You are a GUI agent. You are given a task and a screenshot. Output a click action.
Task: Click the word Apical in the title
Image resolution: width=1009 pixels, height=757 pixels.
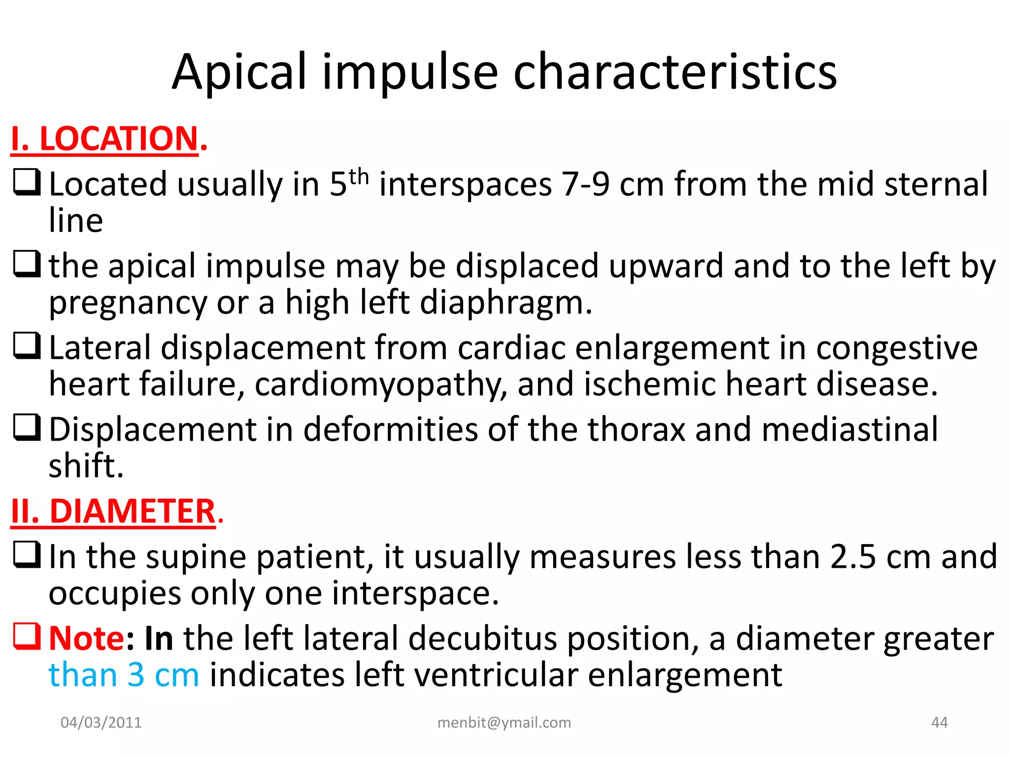pos(239,72)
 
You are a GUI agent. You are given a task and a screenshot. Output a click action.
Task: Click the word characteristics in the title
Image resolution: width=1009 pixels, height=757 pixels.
pos(675,72)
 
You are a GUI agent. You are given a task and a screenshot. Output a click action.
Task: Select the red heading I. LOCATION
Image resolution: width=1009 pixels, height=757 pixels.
pos(108,139)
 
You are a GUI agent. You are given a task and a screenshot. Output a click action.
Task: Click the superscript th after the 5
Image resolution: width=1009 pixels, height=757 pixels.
pos(359,176)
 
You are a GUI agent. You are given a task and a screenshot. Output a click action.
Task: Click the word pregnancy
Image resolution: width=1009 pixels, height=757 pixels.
pos(128,303)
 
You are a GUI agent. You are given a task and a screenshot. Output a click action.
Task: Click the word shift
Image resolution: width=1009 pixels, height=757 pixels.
pos(85,466)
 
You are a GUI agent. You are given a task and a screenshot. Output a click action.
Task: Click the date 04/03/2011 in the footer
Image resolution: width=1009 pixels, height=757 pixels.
pos(101,723)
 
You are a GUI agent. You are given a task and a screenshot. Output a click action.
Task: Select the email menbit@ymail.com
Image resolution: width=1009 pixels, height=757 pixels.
pos(504,723)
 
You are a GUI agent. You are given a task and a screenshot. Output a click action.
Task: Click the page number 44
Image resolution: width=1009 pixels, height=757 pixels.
pos(939,723)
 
